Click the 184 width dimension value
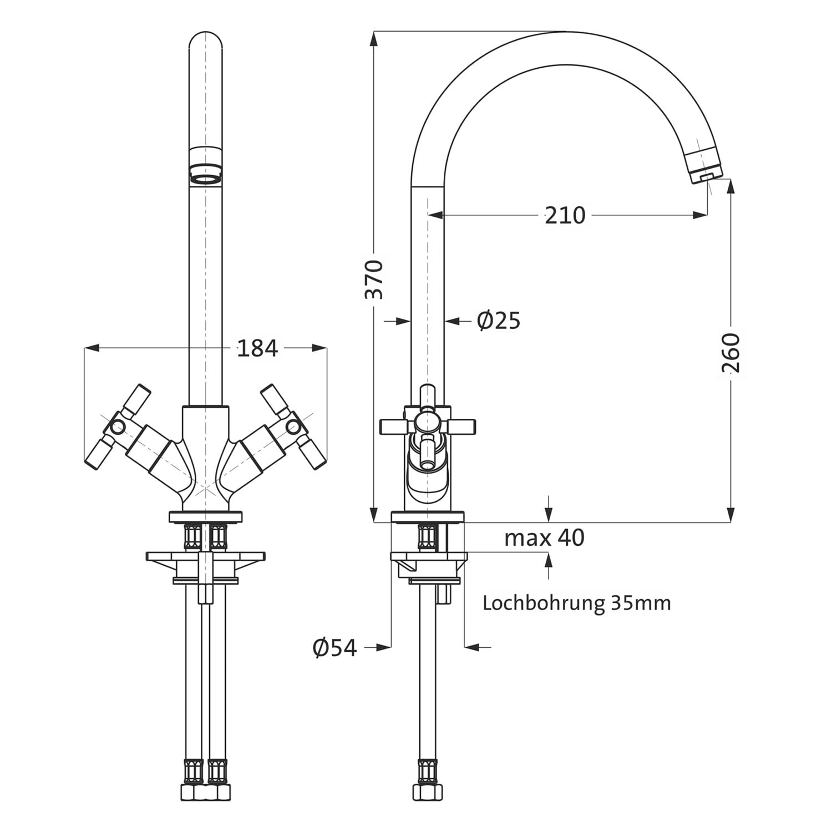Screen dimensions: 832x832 click(x=257, y=348)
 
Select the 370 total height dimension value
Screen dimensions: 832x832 click(x=374, y=279)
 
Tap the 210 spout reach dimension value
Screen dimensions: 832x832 click(x=565, y=215)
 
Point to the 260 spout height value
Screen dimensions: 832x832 click(x=731, y=353)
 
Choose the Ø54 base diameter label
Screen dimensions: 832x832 click(x=335, y=647)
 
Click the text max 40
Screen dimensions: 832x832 click(x=544, y=537)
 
